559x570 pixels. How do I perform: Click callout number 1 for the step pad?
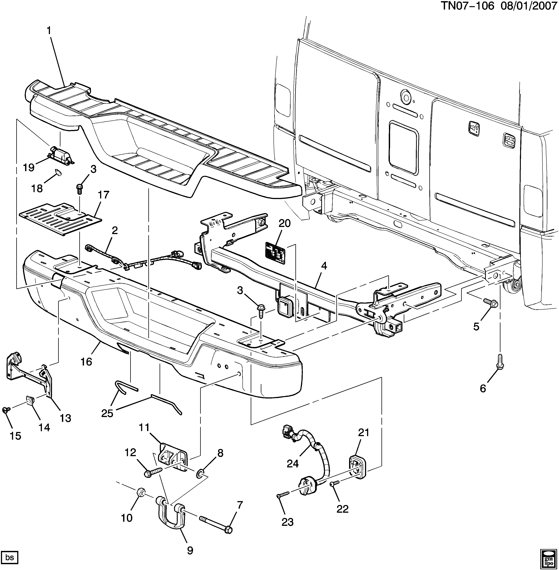[x=49, y=31]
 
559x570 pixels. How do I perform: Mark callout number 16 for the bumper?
[x=87, y=362]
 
